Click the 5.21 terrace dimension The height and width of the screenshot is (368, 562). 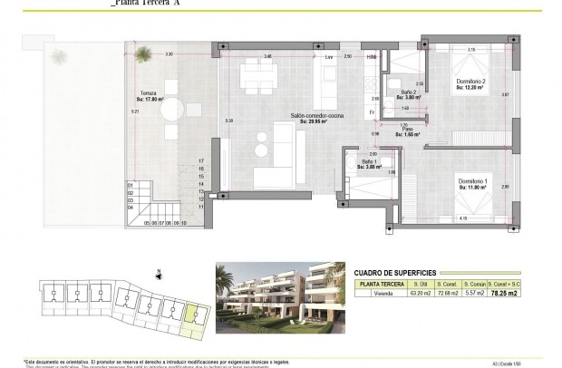coord(135,111)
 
